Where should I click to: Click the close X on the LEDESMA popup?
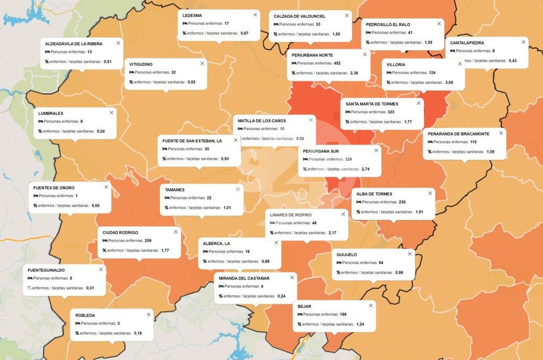pos(255,15)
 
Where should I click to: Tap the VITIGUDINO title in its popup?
pos(141,64)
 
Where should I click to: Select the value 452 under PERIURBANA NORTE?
pos(337,63)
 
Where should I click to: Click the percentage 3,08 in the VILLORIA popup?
pos(449,83)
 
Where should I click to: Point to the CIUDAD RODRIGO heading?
pos(120,233)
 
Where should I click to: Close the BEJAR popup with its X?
pos(371,306)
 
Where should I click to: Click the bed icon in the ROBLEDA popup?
pos(77,323)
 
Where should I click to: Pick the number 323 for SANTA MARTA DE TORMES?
pos(391,112)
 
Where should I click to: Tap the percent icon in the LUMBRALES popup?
pos(40,131)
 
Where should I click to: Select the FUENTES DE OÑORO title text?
pos(54,188)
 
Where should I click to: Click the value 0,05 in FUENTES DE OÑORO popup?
pos(95,206)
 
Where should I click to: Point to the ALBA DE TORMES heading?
pos(374,194)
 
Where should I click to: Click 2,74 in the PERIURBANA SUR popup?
pos(365,169)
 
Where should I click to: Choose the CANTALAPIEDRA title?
pos(467,43)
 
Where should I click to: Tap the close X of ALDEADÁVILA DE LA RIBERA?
pos(118,43)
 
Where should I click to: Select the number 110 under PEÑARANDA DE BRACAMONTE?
pos(473,142)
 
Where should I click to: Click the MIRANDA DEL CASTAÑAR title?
pos(244,278)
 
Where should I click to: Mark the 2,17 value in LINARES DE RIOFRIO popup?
pos(332,233)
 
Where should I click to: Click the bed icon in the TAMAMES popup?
pos(167,198)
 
